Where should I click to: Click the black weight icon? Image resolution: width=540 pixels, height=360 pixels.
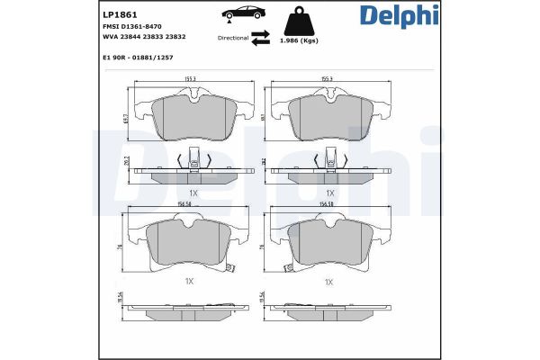point(299,21)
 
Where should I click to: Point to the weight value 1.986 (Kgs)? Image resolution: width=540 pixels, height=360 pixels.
point(298,41)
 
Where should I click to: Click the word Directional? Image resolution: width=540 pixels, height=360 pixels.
point(232,39)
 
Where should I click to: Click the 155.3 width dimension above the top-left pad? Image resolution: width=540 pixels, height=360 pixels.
point(191,80)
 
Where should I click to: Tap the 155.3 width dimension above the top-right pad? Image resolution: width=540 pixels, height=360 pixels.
point(328,80)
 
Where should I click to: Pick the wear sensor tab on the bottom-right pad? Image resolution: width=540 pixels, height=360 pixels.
point(285,268)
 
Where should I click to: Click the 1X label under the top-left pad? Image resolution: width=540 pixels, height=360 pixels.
point(192,193)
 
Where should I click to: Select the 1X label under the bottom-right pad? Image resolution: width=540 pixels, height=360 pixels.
point(328,282)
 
